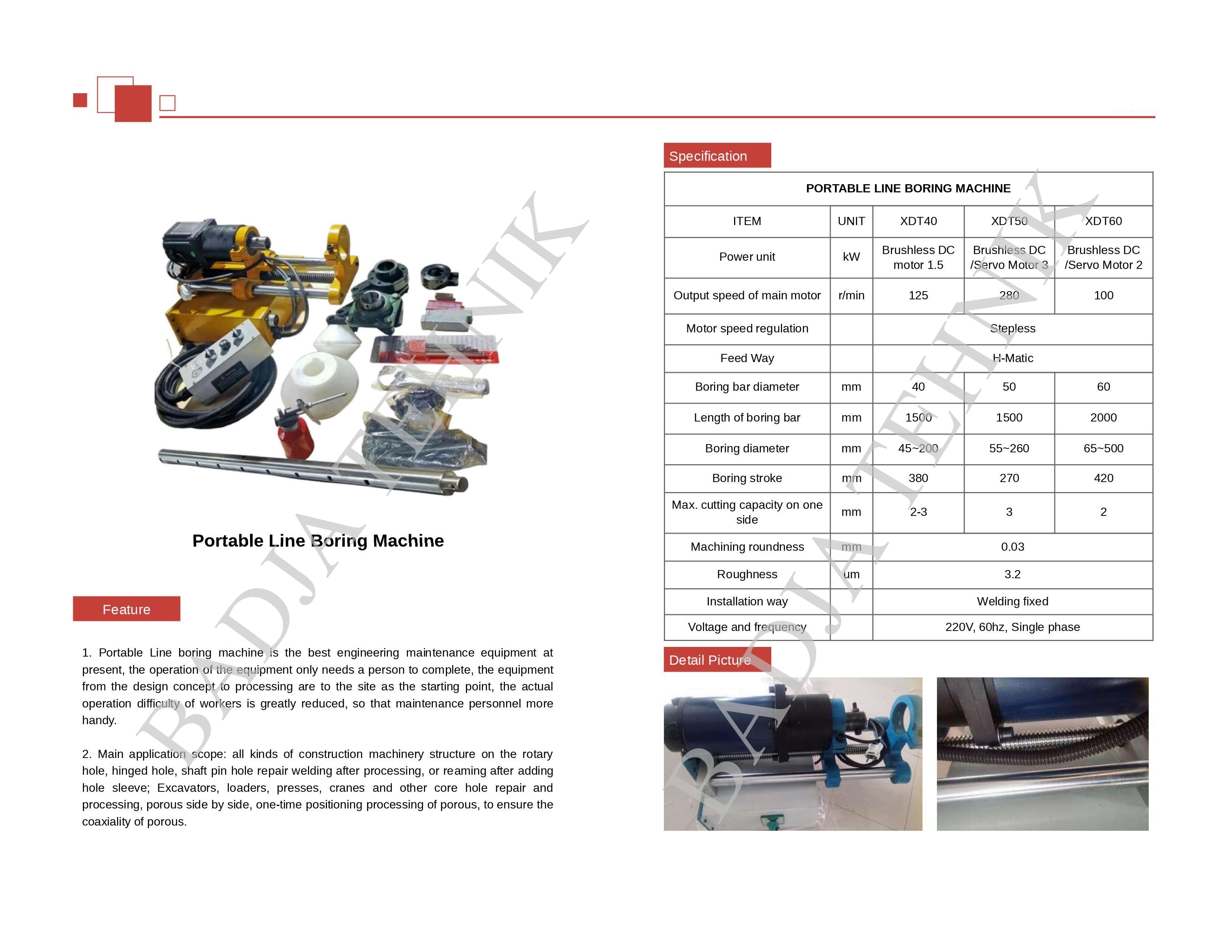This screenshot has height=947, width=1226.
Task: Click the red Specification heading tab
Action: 717,155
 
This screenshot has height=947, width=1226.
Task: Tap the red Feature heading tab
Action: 126,609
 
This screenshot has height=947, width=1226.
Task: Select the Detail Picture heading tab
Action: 717,660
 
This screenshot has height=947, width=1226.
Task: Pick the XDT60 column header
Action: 1103,221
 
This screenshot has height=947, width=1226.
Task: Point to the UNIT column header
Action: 851,221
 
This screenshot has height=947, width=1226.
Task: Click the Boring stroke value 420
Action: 1103,478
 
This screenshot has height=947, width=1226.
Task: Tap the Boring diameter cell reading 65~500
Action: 1103,448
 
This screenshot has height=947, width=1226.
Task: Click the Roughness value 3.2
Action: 1012,574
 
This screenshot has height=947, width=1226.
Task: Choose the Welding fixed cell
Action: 1012,601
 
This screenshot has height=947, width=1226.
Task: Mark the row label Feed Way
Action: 747,358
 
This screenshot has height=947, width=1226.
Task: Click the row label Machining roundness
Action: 747,546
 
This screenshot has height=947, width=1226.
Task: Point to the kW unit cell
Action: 851,257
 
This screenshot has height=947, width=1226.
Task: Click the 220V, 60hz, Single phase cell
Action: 1012,627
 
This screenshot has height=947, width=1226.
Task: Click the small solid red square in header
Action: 80,100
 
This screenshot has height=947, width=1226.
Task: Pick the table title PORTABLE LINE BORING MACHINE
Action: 908,189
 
